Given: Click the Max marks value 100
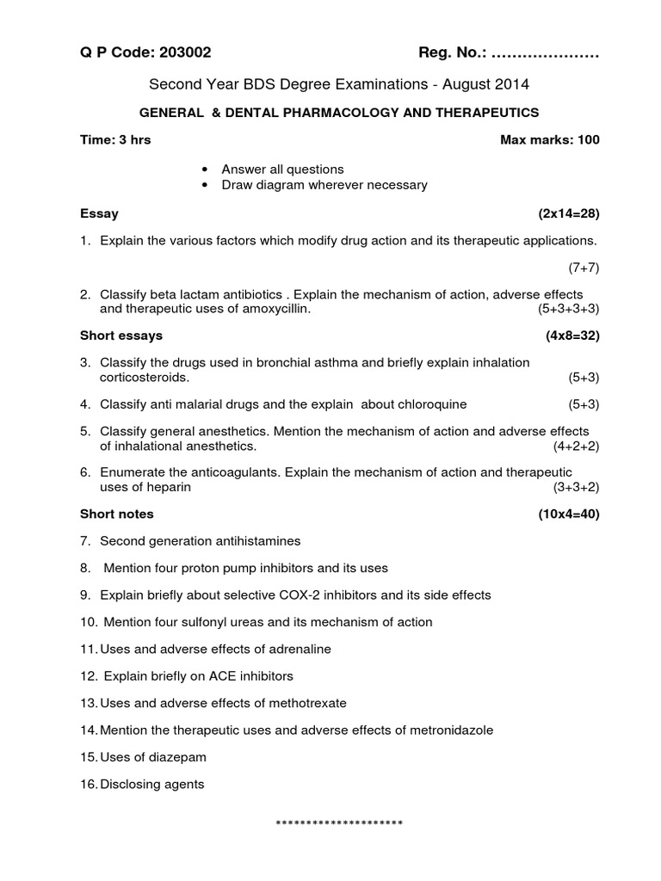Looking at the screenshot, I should coord(589,139).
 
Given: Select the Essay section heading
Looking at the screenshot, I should coord(99,213).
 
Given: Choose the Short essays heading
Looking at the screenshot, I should coord(121,335).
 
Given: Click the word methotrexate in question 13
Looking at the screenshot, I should coord(310,703).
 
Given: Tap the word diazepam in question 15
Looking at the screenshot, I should coord(180,757).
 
